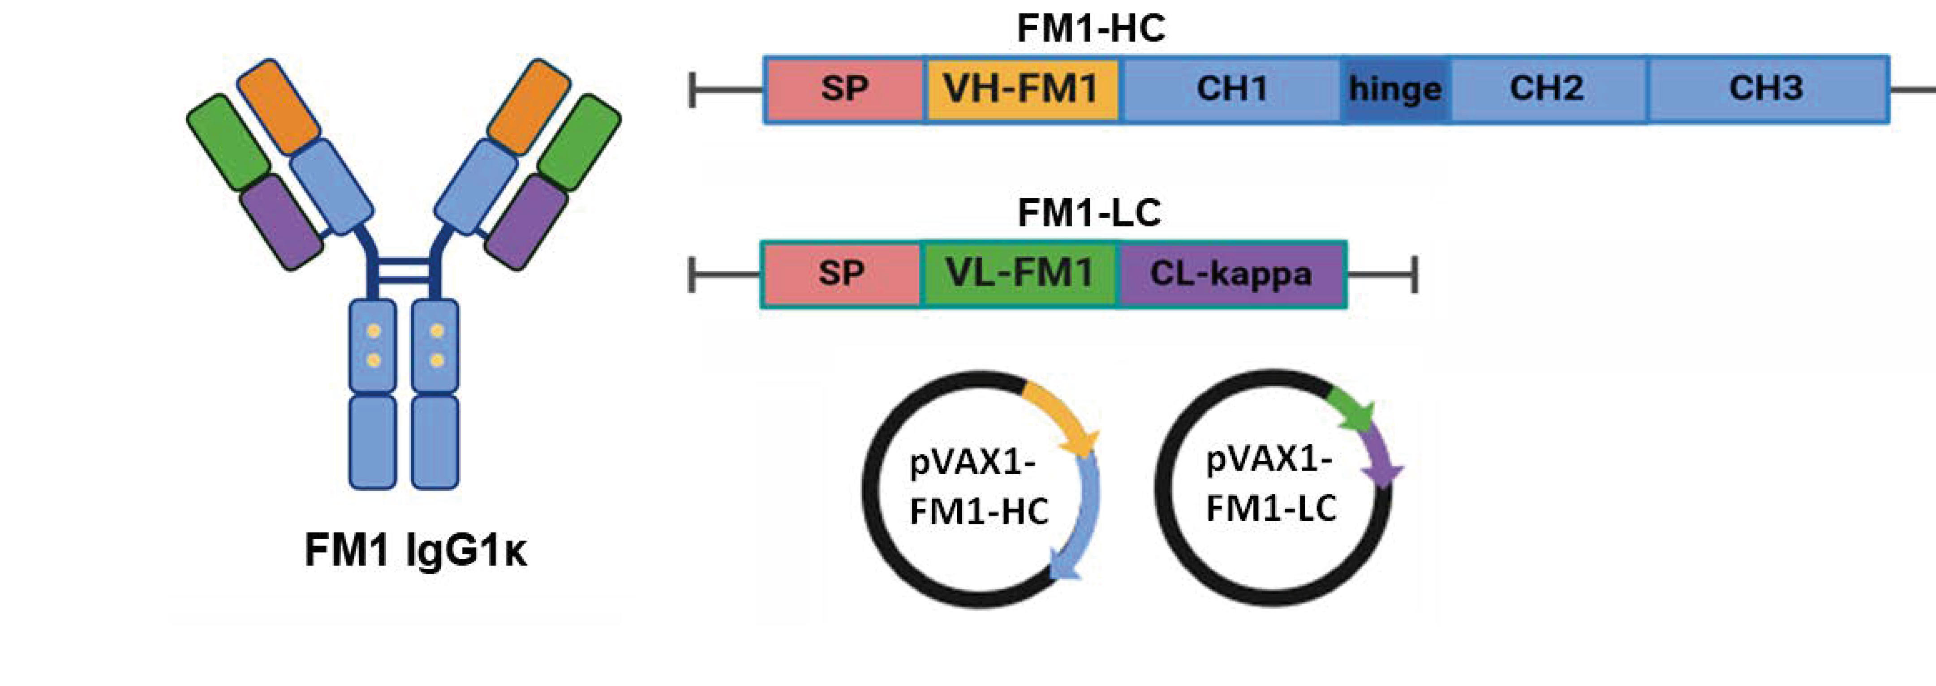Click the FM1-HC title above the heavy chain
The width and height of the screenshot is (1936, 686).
click(x=1090, y=29)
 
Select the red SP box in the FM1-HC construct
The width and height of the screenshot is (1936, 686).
click(x=844, y=89)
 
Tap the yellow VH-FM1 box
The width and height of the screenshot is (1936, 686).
click(x=1021, y=89)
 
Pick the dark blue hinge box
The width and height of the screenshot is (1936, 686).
click(x=1395, y=89)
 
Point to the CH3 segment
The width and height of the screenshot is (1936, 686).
click(x=1766, y=89)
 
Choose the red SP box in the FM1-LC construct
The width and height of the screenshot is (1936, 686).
click(x=841, y=274)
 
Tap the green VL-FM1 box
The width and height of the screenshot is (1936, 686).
click(x=1019, y=274)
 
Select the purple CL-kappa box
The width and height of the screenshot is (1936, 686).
click(x=1231, y=274)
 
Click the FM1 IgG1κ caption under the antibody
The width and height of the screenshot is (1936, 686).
click(x=416, y=551)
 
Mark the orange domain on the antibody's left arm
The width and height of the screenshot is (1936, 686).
click(x=279, y=107)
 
